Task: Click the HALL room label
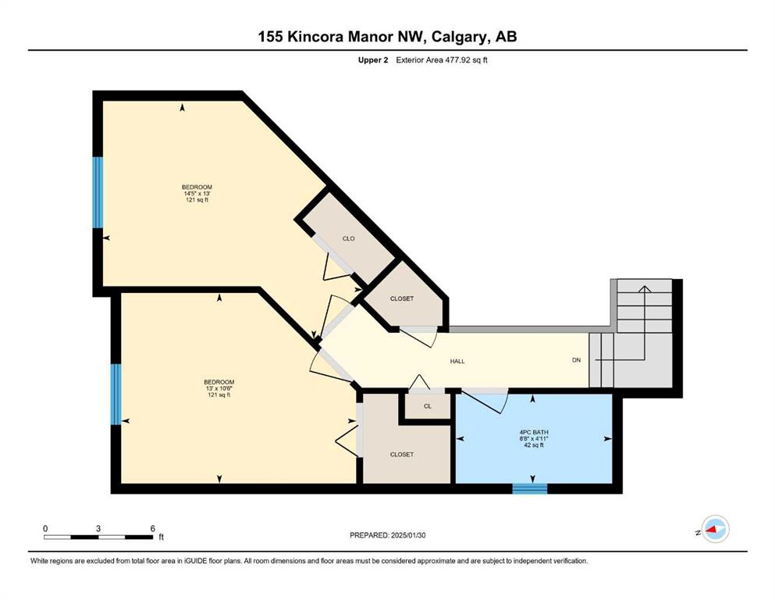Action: tap(457, 361)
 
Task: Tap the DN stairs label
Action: tap(576, 360)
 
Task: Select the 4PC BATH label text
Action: tap(534, 432)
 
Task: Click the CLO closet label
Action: tap(348, 238)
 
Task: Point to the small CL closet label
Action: tap(428, 406)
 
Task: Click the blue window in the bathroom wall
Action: tap(530, 489)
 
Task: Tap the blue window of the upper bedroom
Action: tap(98, 192)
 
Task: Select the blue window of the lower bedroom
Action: tap(116, 395)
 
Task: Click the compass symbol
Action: tap(715, 529)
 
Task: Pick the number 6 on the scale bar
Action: tap(153, 528)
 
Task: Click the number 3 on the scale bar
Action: tap(98, 528)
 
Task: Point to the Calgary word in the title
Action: tap(460, 37)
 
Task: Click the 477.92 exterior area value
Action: tap(455, 60)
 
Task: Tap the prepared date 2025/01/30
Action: tap(407, 535)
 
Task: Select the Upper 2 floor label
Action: tap(373, 60)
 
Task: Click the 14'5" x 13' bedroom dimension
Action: tap(197, 194)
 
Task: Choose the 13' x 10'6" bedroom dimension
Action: tap(219, 388)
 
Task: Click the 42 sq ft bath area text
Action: tap(534, 445)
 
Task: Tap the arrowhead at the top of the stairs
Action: tap(644, 289)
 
